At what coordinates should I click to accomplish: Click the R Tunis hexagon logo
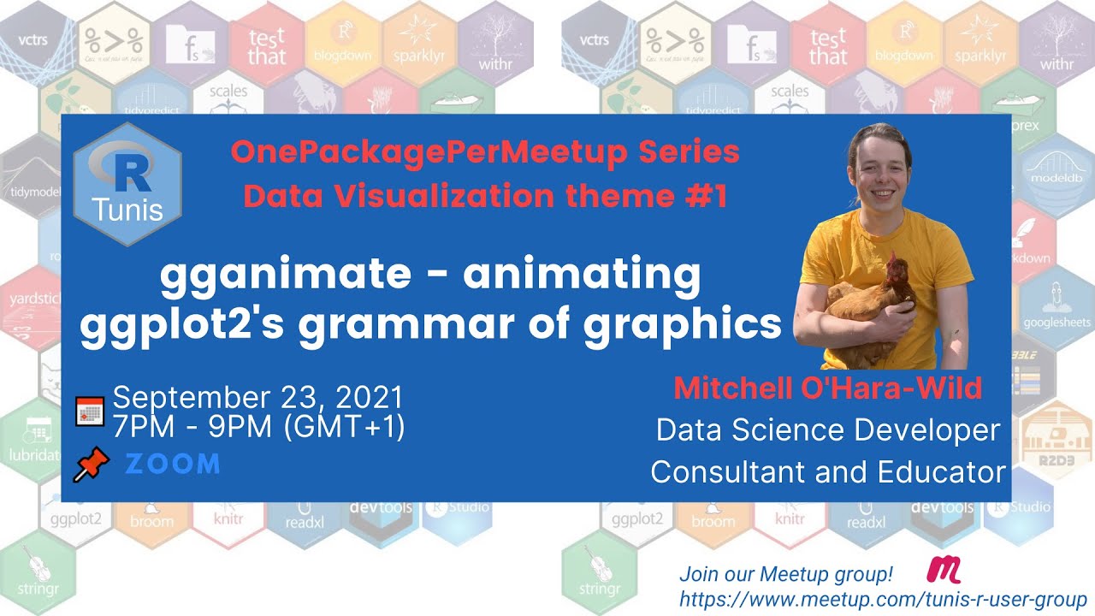tap(127, 184)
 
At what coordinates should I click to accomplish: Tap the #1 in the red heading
tap(705, 196)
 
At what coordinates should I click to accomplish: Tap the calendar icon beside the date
tap(90, 412)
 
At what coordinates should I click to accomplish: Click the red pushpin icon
tap(92, 464)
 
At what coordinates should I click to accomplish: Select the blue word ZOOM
tap(173, 464)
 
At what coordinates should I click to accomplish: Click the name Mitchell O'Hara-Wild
tap(827, 388)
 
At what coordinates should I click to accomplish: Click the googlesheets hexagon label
tap(1057, 323)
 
